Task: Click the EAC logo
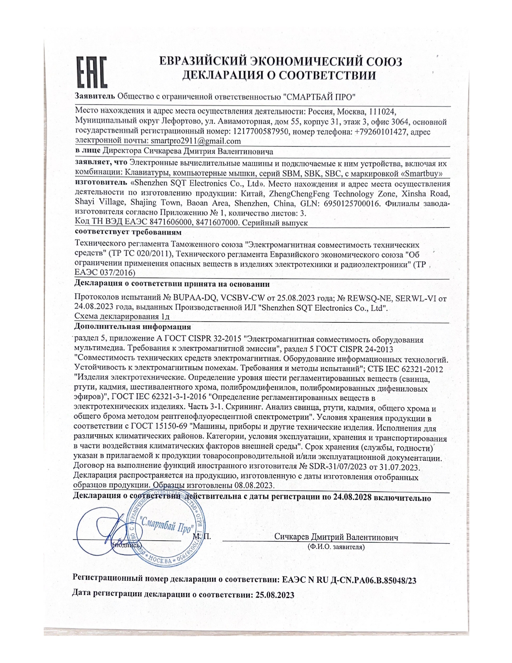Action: pyautogui.click(x=92, y=72)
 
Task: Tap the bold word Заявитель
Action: pyautogui.click(x=95, y=96)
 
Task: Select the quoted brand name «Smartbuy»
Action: pyautogui.click(x=418, y=174)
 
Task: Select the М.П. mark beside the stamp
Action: pyautogui.click(x=202, y=536)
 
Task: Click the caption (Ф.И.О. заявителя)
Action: pyautogui.click(x=336, y=547)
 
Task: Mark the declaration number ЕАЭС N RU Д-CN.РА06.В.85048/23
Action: pyautogui.click(x=349, y=580)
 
